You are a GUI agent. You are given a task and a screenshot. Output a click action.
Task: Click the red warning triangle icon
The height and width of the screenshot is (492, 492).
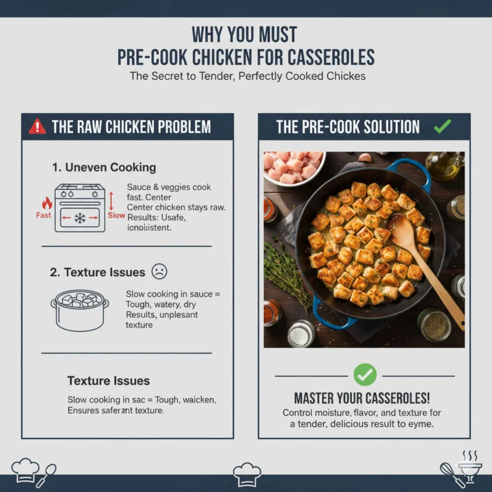37,127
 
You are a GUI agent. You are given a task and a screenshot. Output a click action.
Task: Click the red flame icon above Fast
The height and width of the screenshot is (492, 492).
47,202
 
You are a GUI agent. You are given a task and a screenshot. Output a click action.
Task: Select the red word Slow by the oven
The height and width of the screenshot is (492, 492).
116,215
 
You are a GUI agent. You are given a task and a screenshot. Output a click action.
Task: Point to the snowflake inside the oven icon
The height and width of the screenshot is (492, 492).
80,218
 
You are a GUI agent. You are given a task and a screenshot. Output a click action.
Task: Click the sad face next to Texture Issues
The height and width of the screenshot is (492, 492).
159,272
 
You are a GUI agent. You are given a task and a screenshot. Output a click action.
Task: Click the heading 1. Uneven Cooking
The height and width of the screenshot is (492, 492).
104,168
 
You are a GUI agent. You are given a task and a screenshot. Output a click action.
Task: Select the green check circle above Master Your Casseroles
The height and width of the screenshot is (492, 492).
365,375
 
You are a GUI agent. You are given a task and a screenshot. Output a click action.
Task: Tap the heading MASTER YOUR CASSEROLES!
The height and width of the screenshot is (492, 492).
362,398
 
